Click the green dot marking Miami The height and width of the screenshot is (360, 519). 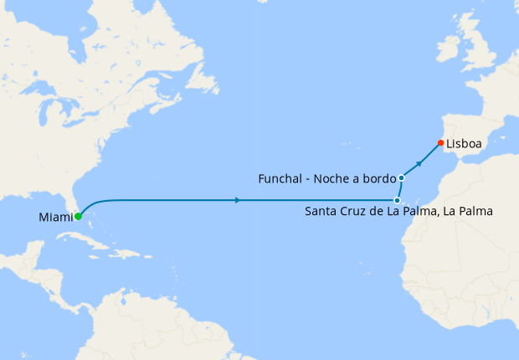(78, 216)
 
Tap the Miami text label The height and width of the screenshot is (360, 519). (54, 218)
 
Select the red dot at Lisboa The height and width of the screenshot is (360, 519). (440, 142)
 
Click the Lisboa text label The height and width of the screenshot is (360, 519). (464, 144)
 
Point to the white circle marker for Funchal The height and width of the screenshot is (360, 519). (402, 177)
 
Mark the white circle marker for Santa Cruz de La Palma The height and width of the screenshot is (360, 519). (396, 200)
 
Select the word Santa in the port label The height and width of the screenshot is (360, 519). (321, 212)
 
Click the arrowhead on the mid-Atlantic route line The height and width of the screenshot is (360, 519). (239, 200)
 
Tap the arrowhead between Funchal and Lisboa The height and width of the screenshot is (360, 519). (419, 160)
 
